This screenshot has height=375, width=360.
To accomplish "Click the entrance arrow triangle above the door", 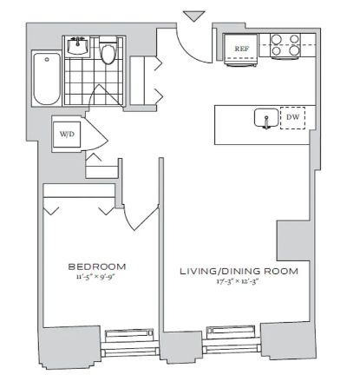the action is pos(194,16).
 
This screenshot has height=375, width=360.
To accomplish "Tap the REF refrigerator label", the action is pos(241,49).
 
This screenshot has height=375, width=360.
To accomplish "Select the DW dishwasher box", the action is pos(292,118).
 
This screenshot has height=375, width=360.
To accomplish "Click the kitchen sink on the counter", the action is pos(266,118).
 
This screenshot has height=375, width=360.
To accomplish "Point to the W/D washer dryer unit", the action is pos(67,135).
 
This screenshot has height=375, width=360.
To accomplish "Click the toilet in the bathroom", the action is pos(108,51).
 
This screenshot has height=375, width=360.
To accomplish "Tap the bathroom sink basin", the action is pos(77,46).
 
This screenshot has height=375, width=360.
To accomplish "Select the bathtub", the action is pos(47,78).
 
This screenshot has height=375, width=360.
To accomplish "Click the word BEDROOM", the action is pos(97,266).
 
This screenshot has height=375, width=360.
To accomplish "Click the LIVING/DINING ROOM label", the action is pos(239,272).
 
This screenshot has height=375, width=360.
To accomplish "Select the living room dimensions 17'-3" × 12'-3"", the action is pos(237,281).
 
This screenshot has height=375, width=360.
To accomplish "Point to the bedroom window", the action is pos(130,342).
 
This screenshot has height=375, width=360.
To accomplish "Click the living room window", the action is pos(232,339).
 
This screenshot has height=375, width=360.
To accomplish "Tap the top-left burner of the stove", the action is pos(276,39).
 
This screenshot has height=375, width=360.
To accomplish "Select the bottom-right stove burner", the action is pos(294,50).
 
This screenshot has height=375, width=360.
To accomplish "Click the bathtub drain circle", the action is pos(47,60).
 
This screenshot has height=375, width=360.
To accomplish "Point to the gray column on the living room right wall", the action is pos(294,240).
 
